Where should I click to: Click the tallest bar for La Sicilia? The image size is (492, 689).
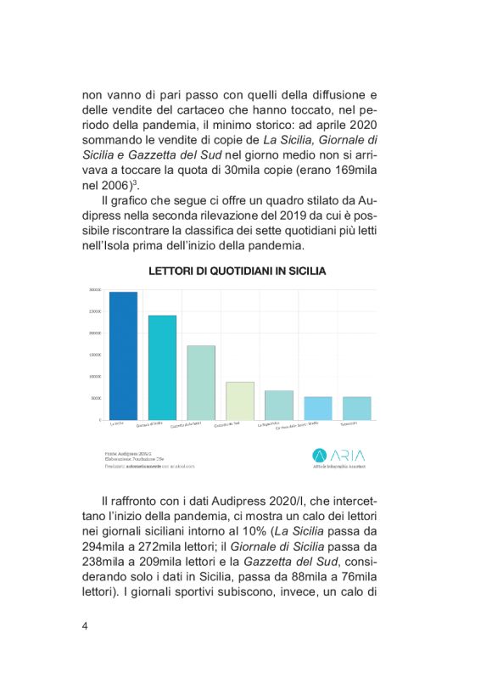[123, 356]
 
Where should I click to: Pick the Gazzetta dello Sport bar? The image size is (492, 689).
[201, 383]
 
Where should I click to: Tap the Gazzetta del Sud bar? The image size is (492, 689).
[240, 401]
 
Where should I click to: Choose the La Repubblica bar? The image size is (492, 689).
[279, 405]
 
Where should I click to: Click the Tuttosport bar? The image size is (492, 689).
[357, 408]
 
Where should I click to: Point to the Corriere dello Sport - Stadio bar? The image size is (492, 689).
[318, 408]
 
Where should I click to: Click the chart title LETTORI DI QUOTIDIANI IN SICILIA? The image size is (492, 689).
[238, 272]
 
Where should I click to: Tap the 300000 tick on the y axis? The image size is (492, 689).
[95, 290]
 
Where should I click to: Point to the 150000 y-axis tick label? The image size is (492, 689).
[95, 355]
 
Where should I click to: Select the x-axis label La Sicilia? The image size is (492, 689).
[118, 423]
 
